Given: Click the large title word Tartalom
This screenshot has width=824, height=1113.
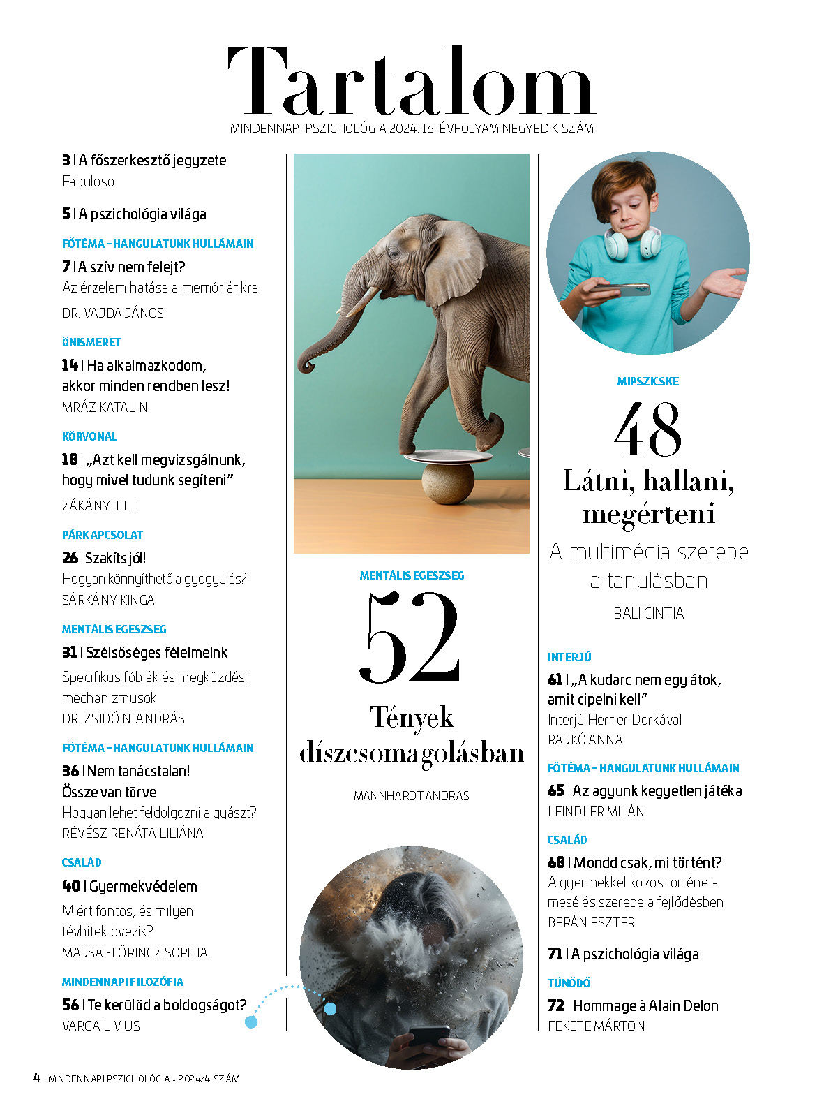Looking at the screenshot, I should point(412,82).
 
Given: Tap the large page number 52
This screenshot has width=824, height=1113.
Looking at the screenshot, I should point(411,637).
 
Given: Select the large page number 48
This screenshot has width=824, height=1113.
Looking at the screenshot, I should point(647,429).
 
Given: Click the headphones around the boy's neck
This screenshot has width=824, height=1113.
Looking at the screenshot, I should point(632,244).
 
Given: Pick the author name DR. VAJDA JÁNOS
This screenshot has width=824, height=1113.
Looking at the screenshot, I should point(113,313).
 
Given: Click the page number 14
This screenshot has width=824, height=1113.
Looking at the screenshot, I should point(70,365).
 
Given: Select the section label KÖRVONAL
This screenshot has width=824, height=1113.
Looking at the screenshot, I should point(89,436).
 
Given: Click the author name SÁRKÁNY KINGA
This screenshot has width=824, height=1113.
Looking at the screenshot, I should point(108,600).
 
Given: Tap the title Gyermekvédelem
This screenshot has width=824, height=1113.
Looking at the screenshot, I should point(143,886).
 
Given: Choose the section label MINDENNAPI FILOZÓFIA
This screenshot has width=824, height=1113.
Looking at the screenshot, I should point(123,982).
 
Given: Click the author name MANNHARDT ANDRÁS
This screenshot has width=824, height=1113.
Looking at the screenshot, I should point(411,795).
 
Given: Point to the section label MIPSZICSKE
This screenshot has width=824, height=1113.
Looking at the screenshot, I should point(647,381).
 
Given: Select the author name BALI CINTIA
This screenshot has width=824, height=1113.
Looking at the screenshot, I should point(648,613).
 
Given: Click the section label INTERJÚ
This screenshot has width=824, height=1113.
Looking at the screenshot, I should point(569,657).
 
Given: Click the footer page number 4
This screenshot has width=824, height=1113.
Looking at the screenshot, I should point(37,1077).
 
